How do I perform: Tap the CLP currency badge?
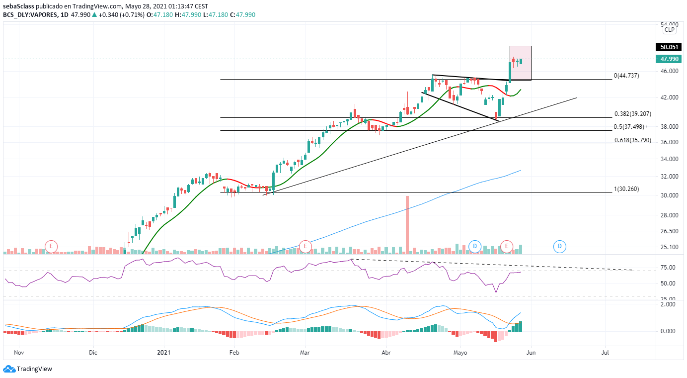670,30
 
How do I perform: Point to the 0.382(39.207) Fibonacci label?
633,114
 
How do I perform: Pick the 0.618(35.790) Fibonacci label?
633,140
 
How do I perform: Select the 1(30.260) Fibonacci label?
626,189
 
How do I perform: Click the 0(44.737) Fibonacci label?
626,76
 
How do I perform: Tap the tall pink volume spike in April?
407,224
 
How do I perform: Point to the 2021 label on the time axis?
163,353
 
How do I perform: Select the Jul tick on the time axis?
605,353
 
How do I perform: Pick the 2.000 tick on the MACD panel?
669,304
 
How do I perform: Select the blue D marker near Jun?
560,246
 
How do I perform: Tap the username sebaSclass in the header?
18,6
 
